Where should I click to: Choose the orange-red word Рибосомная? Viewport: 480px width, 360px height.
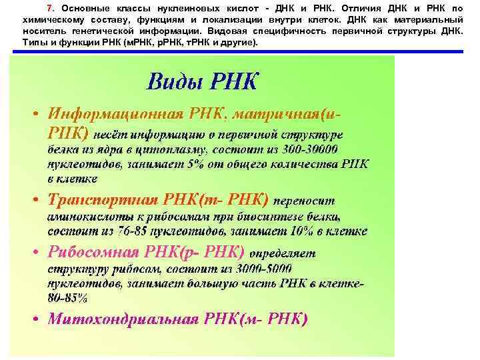point(94,253)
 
